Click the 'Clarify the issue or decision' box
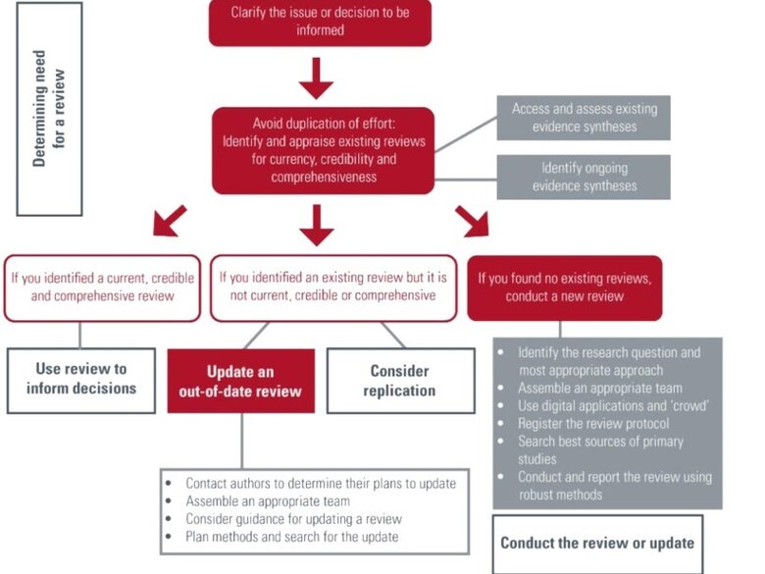click(320, 22)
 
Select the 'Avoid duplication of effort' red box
click(323, 150)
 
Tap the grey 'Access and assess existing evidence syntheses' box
click(584, 118)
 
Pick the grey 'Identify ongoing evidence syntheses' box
click(584, 177)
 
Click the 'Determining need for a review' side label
click(49, 109)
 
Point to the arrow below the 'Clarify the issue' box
click(316, 78)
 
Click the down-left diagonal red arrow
click(170, 221)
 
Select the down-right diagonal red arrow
click(473, 221)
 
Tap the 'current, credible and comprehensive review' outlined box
click(102, 287)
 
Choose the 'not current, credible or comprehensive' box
click(333, 287)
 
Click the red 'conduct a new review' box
click(565, 287)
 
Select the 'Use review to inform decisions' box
click(81, 381)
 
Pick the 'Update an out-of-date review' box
click(240, 381)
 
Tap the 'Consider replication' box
click(400, 381)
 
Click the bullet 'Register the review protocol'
click(593, 424)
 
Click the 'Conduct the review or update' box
click(597, 544)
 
